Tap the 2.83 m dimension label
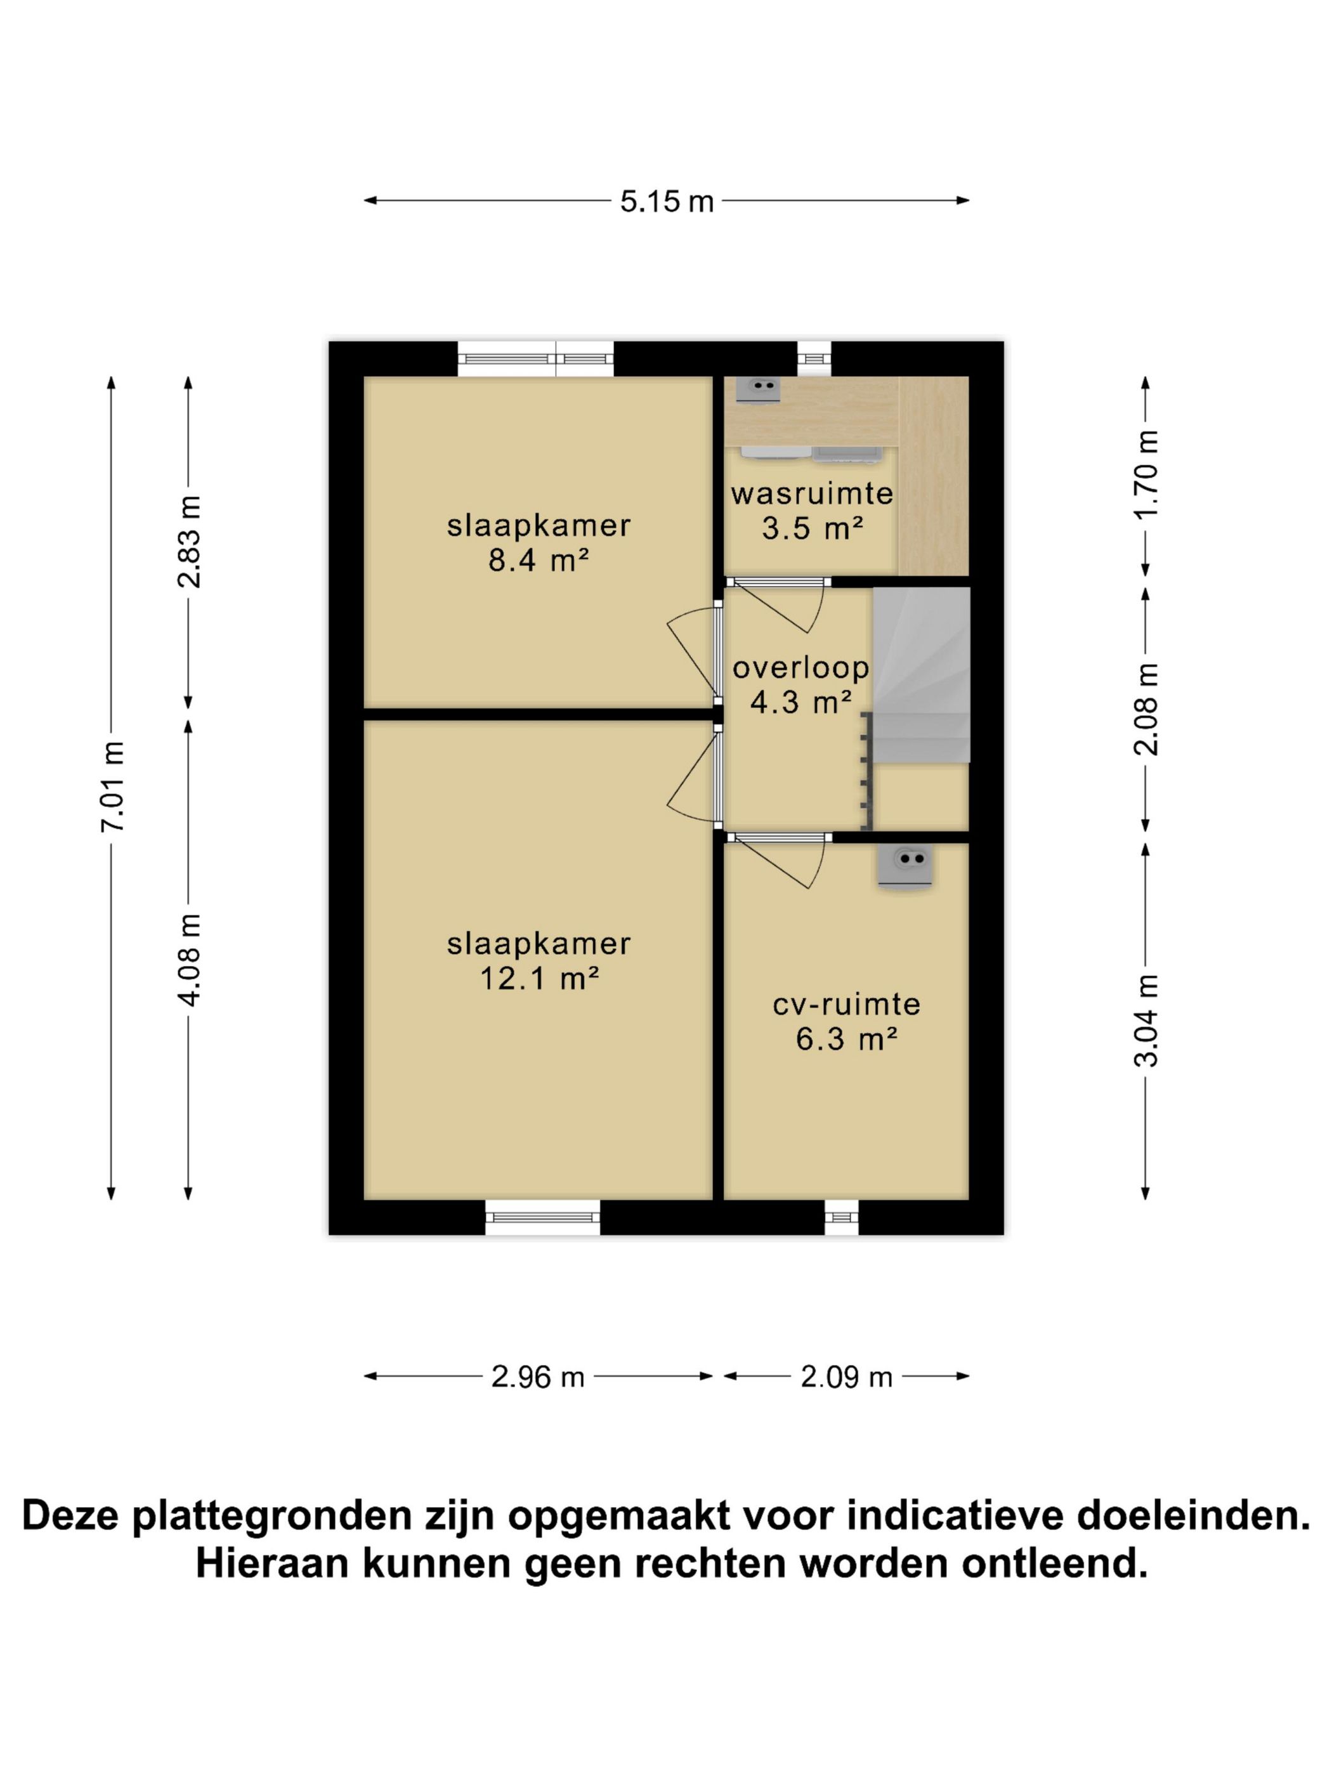[x=190, y=542]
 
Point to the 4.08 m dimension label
[x=190, y=960]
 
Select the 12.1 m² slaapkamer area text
[x=538, y=979]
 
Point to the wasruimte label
[x=812, y=493]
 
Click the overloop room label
[x=800, y=667]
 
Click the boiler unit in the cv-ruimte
[x=905, y=866]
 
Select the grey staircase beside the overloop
[x=921, y=674]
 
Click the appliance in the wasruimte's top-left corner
[x=757, y=389]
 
